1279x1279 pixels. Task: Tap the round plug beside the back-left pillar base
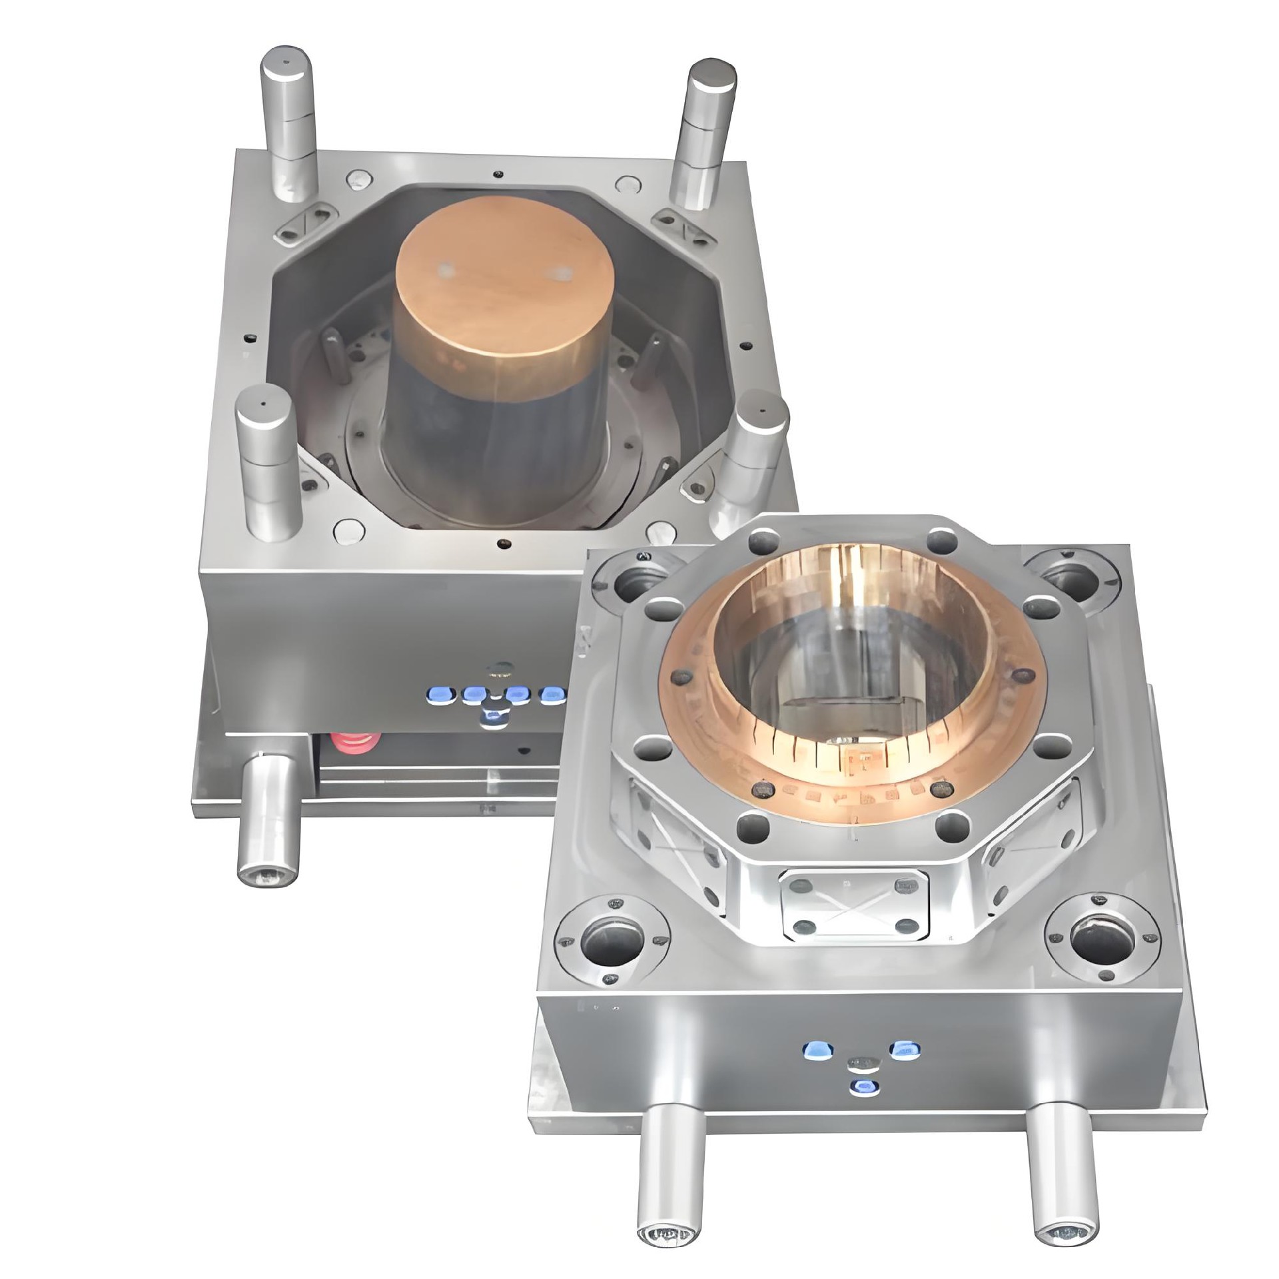[x=360, y=179]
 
